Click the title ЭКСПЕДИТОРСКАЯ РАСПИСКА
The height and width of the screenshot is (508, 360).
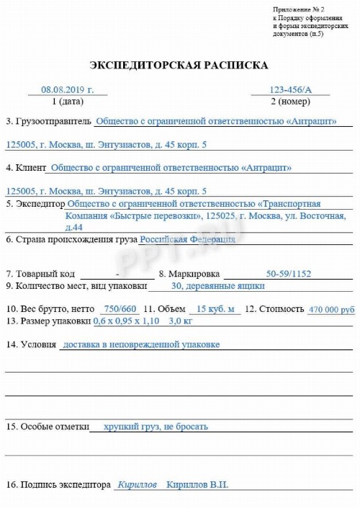[x=179, y=66]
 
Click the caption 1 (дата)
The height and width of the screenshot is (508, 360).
[x=68, y=102]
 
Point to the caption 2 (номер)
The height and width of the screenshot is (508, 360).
[x=289, y=102]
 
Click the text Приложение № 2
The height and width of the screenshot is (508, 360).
[x=294, y=9]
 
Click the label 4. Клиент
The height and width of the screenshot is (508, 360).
[x=24, y=169]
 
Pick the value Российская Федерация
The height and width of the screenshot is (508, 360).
[x=187, y=239]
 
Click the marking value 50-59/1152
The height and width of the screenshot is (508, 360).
[x=288, y=274]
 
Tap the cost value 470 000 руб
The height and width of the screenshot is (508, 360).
[x=331, y=309]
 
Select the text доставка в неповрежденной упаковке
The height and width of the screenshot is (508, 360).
[x=141, y=344]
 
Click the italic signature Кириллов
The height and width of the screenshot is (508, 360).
[x=137, y=485]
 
